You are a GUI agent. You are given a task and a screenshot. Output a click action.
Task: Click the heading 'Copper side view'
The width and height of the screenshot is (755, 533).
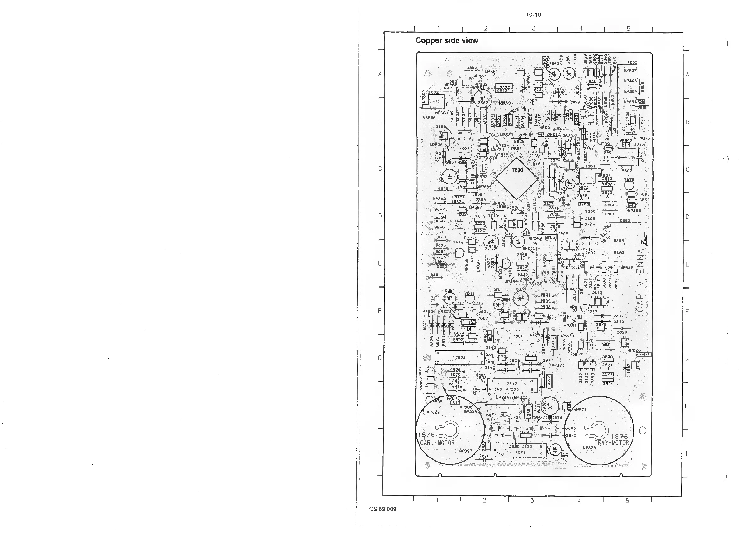(x=446, y=41)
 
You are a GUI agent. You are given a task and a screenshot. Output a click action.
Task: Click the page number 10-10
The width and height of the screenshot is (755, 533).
(x=533, y=15)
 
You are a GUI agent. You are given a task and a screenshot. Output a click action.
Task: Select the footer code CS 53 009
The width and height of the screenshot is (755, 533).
(x=383, y=509)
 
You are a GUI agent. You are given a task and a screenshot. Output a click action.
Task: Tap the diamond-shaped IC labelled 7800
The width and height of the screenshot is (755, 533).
(x=517, y=179)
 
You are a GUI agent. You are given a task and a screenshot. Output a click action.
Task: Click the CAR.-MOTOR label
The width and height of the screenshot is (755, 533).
(x=437, y=443)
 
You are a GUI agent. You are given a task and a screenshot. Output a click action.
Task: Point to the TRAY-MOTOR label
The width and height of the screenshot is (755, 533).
(x=611, y=443)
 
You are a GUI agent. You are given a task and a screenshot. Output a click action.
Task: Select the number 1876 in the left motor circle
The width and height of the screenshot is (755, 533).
(x=426, y=435)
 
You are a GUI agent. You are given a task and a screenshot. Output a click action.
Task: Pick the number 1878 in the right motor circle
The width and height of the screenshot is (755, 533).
(x=619, y=437)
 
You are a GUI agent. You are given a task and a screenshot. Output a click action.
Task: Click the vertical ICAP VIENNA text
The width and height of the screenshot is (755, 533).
(x=641, y=283)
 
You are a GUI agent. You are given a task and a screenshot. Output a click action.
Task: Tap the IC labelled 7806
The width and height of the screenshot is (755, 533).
(x=518, y=336)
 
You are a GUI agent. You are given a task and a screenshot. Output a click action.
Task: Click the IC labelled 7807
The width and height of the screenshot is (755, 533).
(x=512, y=384)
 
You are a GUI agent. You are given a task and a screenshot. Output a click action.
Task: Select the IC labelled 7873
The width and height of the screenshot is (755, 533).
(x=460, y=358)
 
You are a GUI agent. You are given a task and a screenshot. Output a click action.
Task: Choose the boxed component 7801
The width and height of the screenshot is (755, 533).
(x=605, y=345)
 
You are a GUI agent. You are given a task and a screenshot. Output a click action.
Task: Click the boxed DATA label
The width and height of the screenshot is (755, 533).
(x=455, y=402)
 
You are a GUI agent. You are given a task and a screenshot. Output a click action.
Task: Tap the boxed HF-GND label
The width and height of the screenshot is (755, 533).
(x=574, y=317)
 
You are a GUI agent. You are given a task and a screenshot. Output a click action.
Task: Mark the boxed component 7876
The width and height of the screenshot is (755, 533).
(x=504, y=88)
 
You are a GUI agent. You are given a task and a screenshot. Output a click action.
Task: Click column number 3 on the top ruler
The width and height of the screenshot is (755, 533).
(x=533, y=29)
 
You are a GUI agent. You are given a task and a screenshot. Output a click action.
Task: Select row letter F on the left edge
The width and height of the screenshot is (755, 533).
(x=380, y=310)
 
